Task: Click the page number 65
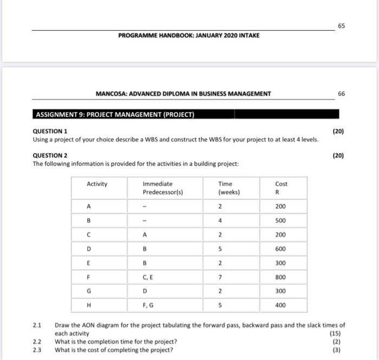[341, 25]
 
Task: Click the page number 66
[341, 94]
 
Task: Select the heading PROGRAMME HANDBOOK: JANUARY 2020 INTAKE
[188, 35]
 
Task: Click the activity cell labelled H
[88, 305]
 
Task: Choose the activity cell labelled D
[88, 249]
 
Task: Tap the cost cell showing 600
[281, 249]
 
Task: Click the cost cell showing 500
[281, 221]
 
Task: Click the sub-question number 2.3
[37, 349]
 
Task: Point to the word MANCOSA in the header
[111, 94]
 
